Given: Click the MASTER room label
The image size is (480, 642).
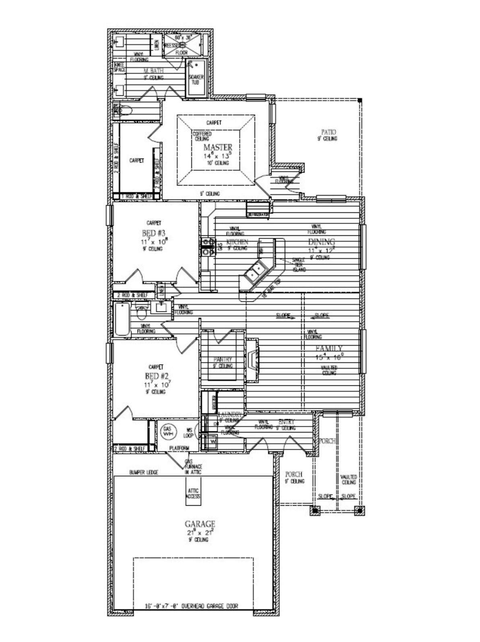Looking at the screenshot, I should click(218, 147).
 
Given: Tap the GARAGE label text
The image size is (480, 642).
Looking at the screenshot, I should click(200, 524).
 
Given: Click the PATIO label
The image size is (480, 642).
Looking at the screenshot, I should click(328, 132).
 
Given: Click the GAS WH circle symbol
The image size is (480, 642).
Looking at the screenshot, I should click(167, 432).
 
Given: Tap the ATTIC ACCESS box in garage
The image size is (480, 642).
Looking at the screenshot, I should click(193, 494).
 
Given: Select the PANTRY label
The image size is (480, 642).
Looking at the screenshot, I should click(222, 359).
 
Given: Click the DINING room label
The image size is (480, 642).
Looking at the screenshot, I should click(321, 242).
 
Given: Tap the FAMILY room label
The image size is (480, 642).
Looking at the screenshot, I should click(329, 348).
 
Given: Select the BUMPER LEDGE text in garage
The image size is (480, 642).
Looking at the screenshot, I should click(144, 472).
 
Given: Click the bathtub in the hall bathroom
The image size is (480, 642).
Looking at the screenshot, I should click(122, 320).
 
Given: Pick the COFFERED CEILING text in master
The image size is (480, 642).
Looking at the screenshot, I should click(202, 136).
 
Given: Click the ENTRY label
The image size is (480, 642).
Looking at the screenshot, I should click(286, 422).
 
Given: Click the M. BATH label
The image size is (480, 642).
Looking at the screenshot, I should click(154, 71).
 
